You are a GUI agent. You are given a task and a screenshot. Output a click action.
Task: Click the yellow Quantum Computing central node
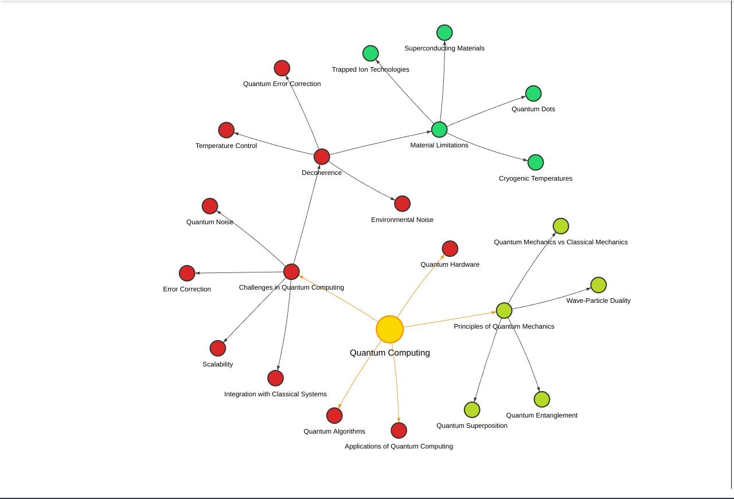(x=390, y=329)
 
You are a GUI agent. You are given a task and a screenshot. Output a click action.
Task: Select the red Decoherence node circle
(x=322, y=156)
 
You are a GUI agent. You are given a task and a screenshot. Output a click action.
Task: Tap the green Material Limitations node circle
(x=439, y=130)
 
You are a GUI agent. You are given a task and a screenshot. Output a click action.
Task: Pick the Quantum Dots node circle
(x=533, y=93)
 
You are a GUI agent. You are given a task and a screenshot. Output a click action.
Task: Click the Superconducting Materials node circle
(x=444, y=32)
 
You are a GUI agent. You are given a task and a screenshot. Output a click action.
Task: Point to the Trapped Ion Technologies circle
(x=370, y=53)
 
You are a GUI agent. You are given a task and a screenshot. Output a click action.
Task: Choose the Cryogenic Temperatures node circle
(x=536, y=162)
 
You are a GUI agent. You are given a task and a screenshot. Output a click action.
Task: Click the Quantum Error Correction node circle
(x=282, y=68)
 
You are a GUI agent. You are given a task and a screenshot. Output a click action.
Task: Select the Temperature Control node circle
(x=227, y=130)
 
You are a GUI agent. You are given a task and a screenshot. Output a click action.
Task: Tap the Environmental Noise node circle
(x=403, y=204)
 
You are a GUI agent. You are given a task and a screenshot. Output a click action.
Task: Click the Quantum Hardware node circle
(x=450, y=248)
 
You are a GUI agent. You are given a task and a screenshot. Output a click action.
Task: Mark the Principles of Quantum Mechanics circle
(x=504, y=311)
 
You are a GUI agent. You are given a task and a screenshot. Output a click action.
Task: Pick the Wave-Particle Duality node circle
(x=598, y=285)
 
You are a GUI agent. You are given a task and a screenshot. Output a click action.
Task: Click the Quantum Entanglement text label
(x=541, y=415)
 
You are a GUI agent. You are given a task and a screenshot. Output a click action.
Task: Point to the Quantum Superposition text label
(x=471, y=426)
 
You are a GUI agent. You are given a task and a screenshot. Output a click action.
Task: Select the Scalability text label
(x=217, y=364)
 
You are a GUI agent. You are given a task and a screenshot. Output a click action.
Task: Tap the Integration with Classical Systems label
(x=275, y=394)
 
